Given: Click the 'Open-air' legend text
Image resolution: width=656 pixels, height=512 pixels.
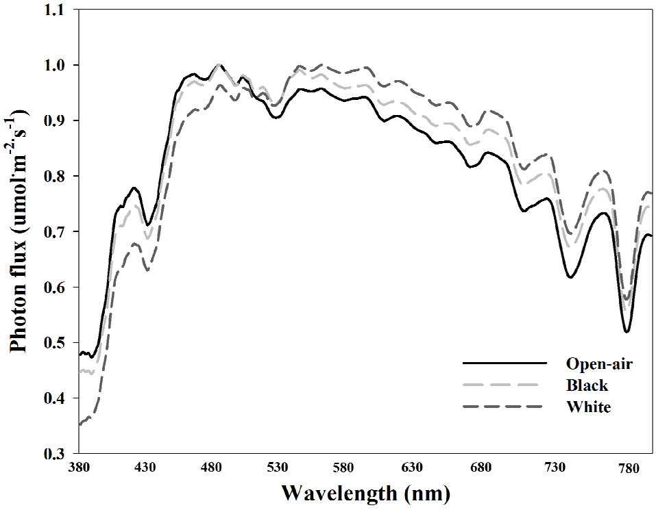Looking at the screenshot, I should coord(598,363).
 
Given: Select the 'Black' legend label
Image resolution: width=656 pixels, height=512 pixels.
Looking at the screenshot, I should coord(587,385).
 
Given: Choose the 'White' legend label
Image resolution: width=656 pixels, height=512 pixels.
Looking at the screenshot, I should coord(588,407).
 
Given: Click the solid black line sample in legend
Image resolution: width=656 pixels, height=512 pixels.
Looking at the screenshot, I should coord(504,363).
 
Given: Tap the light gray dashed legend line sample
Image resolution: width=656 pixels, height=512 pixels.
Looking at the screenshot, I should coord(504,385).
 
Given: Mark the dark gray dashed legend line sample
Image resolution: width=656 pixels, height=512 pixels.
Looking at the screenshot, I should coord(504,407).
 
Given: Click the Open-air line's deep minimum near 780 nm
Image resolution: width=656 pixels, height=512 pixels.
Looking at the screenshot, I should coord(627,332).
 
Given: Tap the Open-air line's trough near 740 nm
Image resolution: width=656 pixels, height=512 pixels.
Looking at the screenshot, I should coord(570,277).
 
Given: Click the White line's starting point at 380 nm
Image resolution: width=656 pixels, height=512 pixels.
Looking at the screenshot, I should coord(80,424).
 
